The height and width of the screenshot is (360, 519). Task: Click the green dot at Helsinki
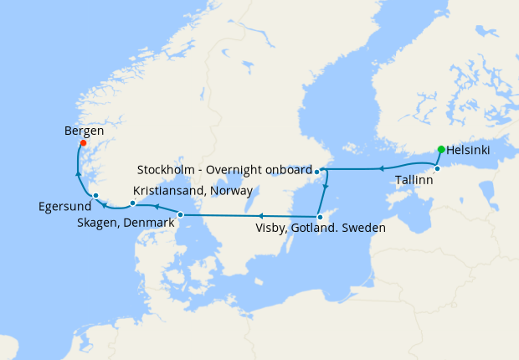pyautogui.click(x=441, y=150)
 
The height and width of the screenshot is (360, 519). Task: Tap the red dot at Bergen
pyautogui.click(x=83, y=143)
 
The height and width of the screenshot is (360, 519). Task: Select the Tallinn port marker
pyautogui.click(x=437, y=168)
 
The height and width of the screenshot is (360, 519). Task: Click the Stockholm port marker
pyautogui.click(x=317, y=171)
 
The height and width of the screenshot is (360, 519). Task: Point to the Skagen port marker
pyautogui.click(x=180, y=215)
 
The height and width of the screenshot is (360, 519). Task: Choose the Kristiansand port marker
pyautogui.click(x=133, y=203)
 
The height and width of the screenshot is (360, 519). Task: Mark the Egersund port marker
pyautogui.click(x=96, y=196)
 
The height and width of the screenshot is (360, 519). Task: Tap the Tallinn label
pyautogui.click(x=414, y=180)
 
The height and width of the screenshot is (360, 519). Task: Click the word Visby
pyautogui.click(x=273, y=227)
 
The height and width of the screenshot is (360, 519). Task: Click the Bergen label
pyautogui.click(x=84, y=131)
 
